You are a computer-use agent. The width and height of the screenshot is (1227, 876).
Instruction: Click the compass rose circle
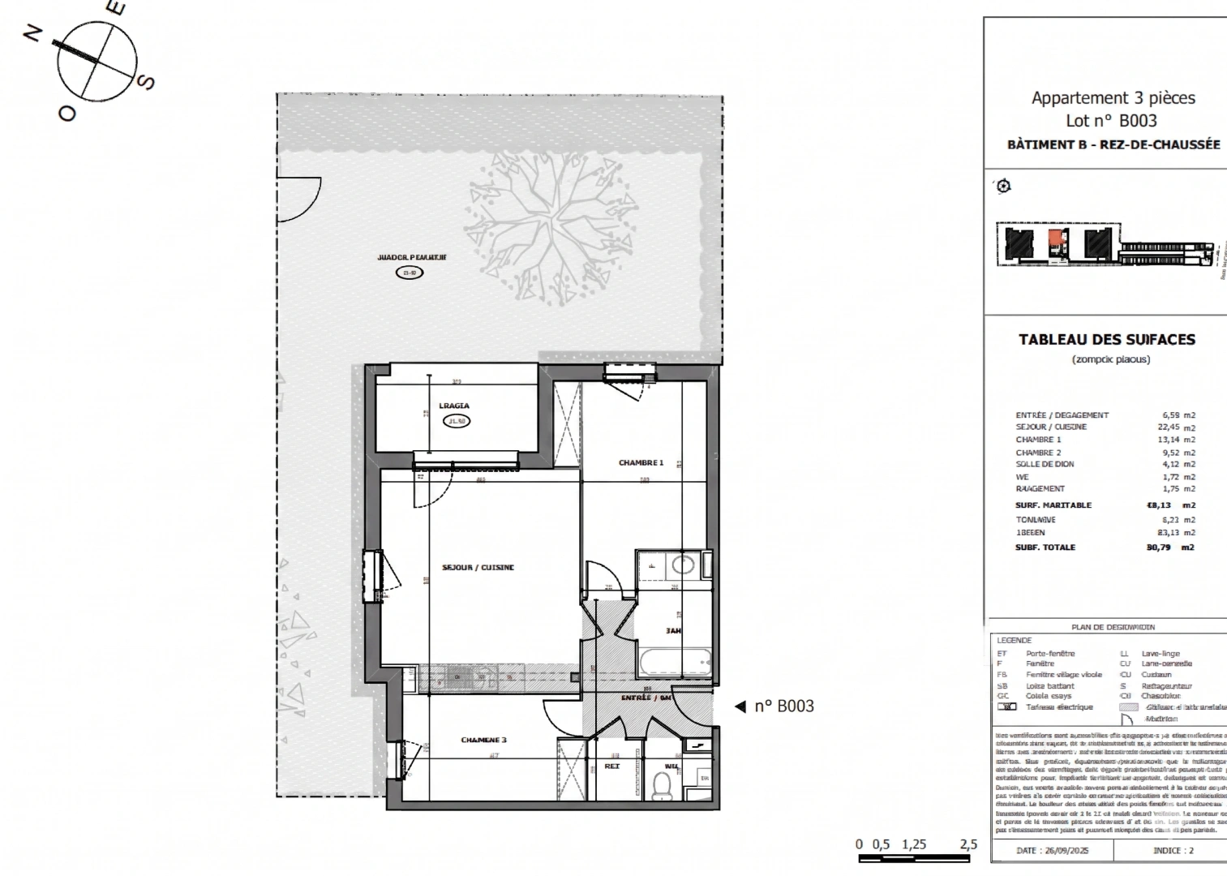tap(97, 62)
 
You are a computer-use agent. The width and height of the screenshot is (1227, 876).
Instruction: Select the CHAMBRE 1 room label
tap(641, 463)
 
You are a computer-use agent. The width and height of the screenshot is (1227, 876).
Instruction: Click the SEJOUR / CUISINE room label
tap(478, 568)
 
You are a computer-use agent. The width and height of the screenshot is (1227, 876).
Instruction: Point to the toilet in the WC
tap(662, 785)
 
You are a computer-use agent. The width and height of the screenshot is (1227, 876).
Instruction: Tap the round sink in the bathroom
tap(683, 565)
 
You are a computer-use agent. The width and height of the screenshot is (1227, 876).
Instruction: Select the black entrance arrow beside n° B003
tap(740, 706)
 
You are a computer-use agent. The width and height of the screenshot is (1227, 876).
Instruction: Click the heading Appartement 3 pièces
tap(1113, 98)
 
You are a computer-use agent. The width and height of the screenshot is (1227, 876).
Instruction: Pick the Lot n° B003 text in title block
tap(1111, 121)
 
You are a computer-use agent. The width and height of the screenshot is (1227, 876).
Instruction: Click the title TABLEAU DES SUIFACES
tap(1106, 340)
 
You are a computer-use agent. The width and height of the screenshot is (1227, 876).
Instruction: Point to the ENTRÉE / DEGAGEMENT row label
tap(1062, 415)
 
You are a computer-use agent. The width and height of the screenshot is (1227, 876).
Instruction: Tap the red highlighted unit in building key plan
tap(1055, 238)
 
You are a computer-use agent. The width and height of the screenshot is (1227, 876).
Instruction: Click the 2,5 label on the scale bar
tap(968, 844)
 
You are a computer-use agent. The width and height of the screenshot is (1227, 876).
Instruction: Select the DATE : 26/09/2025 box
tap(1052, 851)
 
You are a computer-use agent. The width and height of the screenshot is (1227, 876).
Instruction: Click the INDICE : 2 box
tap(1173, 851)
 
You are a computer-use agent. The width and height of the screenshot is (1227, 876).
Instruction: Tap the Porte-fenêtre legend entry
tap(1050, 654)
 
